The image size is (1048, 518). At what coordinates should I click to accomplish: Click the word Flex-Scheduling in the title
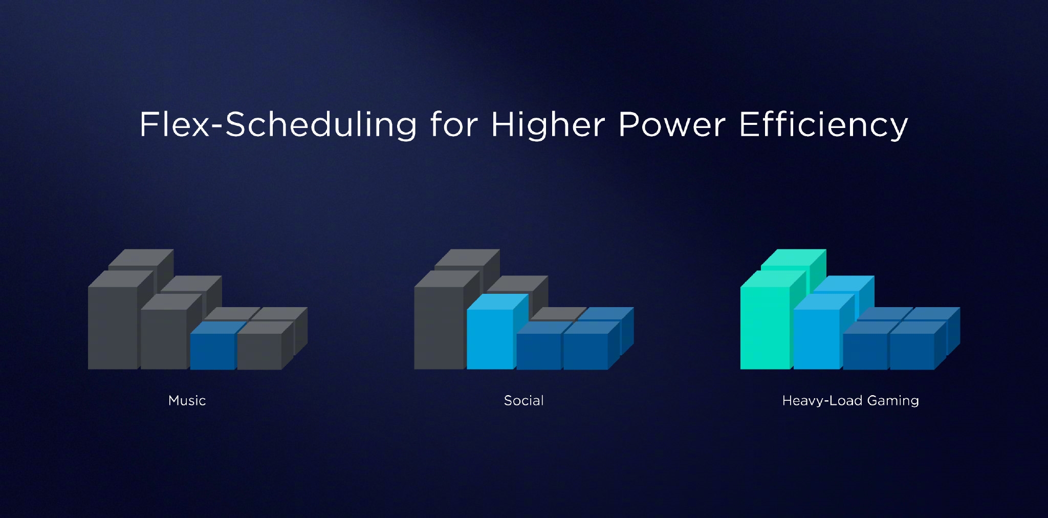pos(278,124)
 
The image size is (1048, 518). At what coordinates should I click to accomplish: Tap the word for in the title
pos(454,124)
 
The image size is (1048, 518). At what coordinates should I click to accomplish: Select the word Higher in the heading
pos(548,124)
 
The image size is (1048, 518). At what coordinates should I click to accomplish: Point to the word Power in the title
pos(672,124)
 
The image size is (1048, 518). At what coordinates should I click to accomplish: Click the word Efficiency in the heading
pos(823,124)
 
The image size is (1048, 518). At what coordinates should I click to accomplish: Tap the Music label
pos(187,400)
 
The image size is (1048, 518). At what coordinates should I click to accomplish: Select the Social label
pos(523,400)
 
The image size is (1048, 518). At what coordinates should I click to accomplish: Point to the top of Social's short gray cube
pos(558,313)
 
